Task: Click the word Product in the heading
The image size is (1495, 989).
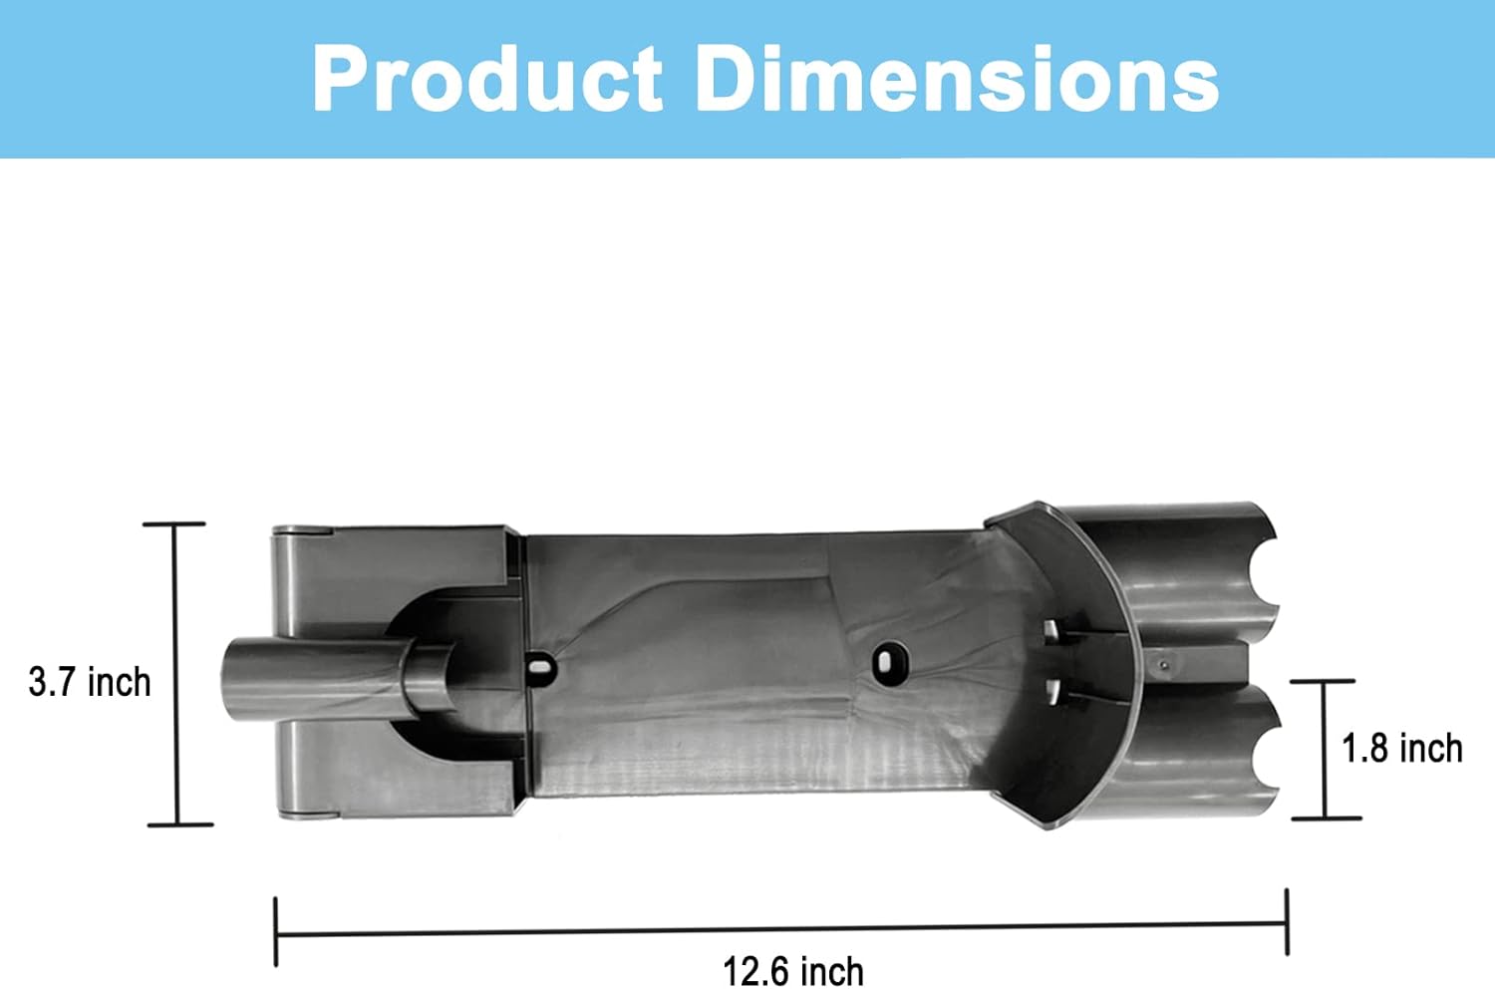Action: [x=488, y=79]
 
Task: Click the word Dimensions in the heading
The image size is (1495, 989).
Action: [x=957, y=79]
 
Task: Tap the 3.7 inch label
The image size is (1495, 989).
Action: [x=90, y=682]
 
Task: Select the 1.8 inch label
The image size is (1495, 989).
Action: [x=1401, y=748]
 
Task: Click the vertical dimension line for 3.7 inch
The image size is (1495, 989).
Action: [x=176, y=675]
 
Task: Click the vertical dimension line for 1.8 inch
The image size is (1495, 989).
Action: [x=1325, y=750]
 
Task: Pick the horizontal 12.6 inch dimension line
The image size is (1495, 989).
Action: [x=781, y=929]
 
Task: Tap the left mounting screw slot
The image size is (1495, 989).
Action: [x=541, y=666]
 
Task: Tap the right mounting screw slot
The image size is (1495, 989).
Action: [x=890, y=661]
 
